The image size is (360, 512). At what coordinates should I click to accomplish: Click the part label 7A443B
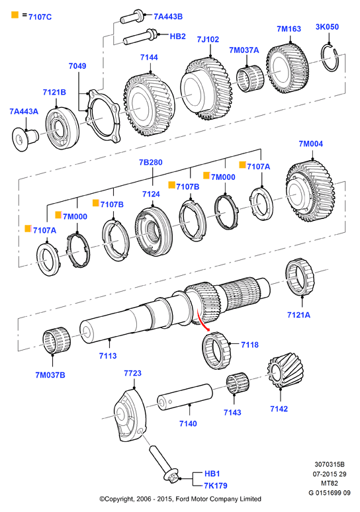point(168,17)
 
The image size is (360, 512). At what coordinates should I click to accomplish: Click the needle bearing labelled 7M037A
point(250,79)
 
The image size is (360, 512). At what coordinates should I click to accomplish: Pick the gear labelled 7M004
point(310,191)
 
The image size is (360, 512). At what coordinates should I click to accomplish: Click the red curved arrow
point(202,320)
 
